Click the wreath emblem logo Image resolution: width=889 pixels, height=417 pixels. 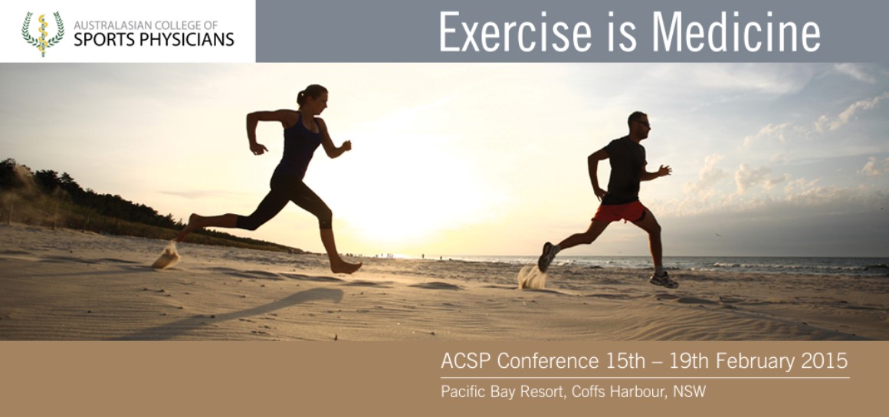[43, 34]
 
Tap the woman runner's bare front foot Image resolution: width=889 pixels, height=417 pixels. [346, 265]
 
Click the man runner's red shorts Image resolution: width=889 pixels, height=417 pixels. [620, 212]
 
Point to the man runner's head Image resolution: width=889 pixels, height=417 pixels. [638, 123]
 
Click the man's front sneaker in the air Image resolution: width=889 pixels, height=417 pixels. [664, 280]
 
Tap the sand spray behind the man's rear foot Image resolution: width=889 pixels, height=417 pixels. [532, 277]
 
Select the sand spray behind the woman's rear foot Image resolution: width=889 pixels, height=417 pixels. [166, 257]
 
